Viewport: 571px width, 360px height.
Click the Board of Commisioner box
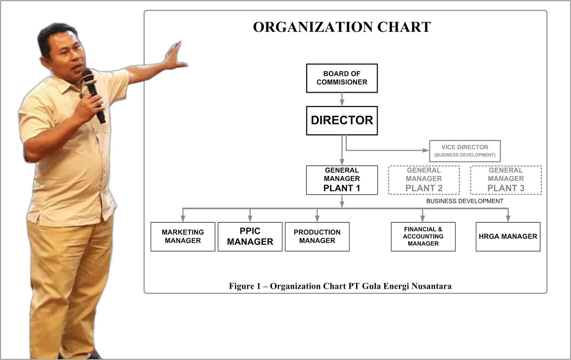pyautogui.click(x=342, y=78)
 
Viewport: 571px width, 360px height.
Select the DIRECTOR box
pyautogui.click(x=342, y=120)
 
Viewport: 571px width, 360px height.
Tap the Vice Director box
pyautogui.click(x=465, y=151)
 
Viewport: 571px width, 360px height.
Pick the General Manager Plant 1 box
pyautogui.click(x=342, y=180)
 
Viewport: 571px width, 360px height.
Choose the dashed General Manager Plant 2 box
pyautogui.click(x=424, y=180)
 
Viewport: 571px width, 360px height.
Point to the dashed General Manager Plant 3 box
pyautogui.click(x=506, y=180)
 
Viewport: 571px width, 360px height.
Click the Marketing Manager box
pyautogui.click(x=183, y=236)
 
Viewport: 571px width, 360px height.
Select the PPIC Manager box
pyautogui.click(x=250, y=236)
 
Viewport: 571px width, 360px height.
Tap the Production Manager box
pyautogui.click(x=317, y=236)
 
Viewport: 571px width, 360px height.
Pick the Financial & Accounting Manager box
pyautogui.click(x=423, y=236)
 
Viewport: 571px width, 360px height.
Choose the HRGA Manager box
pyautogui.click(x=507, y=236)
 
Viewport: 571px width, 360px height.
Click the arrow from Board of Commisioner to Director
pyautogui.click(x=342, y=99)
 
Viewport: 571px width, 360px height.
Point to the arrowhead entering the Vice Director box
pyautogui.click(x=426, y=150)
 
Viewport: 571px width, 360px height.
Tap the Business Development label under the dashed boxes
pyautogui.click(x=465, y=201)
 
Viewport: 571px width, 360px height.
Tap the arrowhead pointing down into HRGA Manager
pyautogui.click(x=508, y=218)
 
